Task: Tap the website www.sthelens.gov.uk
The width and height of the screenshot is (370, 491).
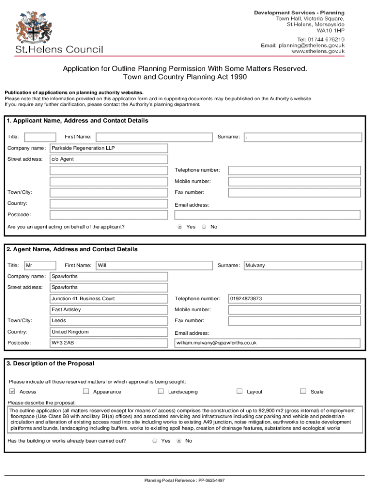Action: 318,51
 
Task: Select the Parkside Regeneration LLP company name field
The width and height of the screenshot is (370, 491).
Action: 109,148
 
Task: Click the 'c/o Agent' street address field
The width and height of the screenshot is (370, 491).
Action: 109,159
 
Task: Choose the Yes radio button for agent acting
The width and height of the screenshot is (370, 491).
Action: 180,227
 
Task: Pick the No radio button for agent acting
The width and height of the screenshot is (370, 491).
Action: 204,227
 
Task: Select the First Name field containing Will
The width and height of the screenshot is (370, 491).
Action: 154,265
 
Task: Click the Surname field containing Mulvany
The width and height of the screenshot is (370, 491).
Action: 302,265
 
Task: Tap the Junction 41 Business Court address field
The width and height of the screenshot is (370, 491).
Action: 109,299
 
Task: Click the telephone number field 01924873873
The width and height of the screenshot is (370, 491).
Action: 294,299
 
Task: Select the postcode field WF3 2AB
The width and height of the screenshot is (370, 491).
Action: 109,343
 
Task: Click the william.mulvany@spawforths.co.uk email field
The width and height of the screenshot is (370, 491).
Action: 267,343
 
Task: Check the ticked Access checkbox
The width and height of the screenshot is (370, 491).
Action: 12,391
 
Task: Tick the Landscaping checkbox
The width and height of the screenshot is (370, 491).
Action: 161,391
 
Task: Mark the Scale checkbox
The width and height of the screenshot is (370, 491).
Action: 303,391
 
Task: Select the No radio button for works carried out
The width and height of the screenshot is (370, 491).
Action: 179,441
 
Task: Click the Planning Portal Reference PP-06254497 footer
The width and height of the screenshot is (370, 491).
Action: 185,480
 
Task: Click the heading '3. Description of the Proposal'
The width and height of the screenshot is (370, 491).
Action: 50,363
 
